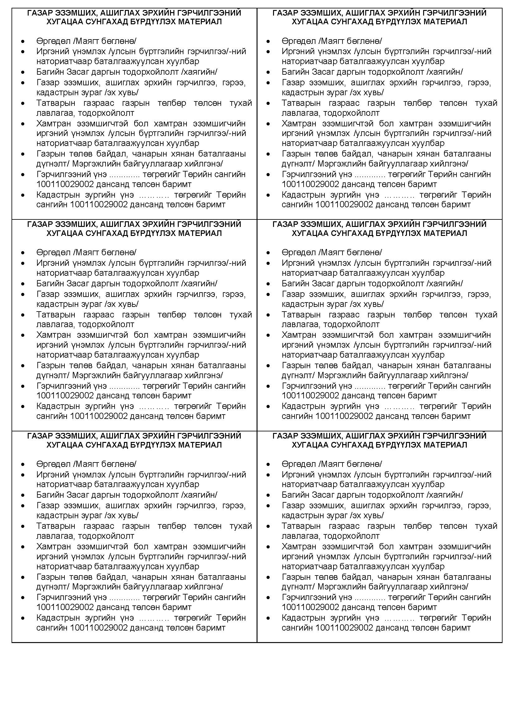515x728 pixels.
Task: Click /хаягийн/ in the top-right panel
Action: click(x=444, y=72)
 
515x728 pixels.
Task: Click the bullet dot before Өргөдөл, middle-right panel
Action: click(x=268, y=253)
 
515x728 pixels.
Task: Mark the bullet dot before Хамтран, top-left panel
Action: click(x=23, y=124)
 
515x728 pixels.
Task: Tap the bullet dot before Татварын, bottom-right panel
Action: click(x=268, y=526)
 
